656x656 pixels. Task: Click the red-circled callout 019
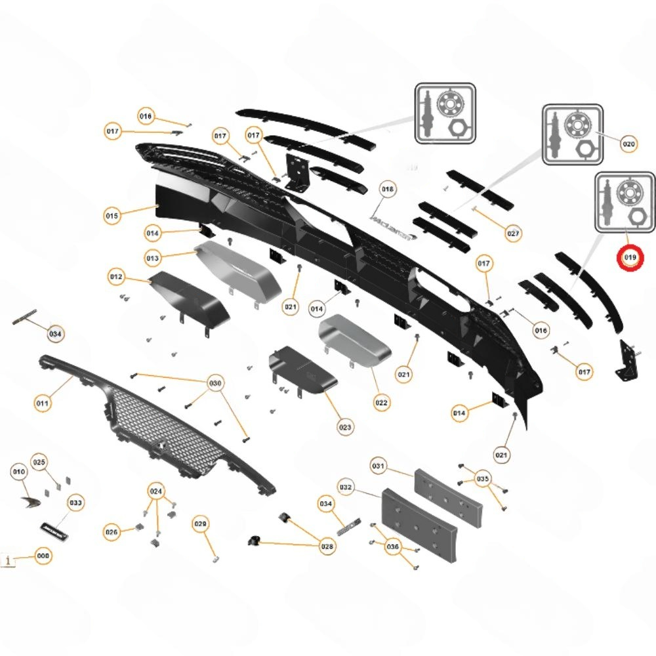(630, 258)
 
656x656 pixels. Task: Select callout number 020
(629, 144)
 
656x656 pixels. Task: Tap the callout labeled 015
(112, 215)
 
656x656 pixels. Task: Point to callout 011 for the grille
(43, 404)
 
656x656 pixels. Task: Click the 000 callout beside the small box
(43, 556)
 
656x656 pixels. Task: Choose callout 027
(513, 233)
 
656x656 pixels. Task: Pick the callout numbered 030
(215, 382)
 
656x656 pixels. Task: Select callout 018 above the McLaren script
(388, 190)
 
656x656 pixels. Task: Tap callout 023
(345, 427)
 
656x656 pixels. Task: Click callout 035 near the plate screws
(483, 478)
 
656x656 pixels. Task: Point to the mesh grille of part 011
(164, 426)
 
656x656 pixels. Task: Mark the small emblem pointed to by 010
(29, 502)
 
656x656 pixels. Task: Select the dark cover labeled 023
(302, 373)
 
